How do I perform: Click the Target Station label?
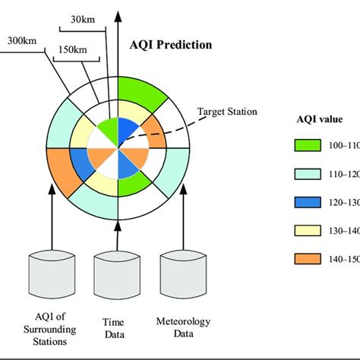click(226, 112)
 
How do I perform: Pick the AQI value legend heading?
click(319, 119)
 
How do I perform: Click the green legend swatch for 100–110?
click(310, 145)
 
